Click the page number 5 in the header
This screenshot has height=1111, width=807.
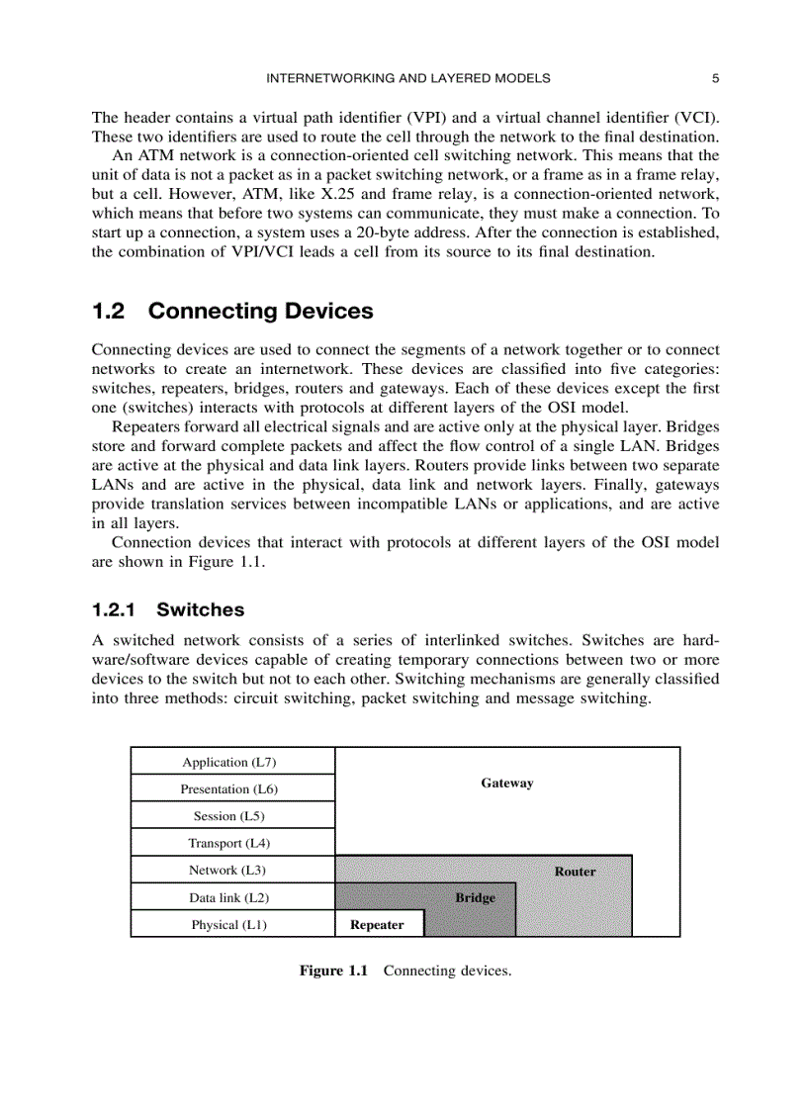click(x=714, y=78)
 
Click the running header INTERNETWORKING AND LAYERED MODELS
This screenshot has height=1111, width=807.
click(x=408, y=78)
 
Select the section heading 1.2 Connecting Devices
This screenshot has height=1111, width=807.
click(x=232, y=311)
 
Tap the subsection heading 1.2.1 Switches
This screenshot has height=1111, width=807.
click(x=168, y=609)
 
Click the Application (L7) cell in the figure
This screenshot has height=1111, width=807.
click(x=229, y=762)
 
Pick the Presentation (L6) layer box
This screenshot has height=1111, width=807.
click(x=229, y=788)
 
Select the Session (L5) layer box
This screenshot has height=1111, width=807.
click(x=229, y=816)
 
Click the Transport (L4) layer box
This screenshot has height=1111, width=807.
click(x=229, y=843)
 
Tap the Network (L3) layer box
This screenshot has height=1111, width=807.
click(x=229, y=870)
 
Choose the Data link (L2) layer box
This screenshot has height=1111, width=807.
click(x=229, y=897)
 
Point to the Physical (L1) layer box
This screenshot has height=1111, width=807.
click(x=229, y=924)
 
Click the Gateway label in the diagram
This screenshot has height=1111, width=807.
click(x=507, y=783)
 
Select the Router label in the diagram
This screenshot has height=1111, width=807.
click(x=575, y=872)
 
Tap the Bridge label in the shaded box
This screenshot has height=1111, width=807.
click(x=475, y=897)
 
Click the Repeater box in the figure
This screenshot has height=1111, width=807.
click(x=378, y=925)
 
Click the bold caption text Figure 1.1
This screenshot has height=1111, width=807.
click(x=333, y=971)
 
